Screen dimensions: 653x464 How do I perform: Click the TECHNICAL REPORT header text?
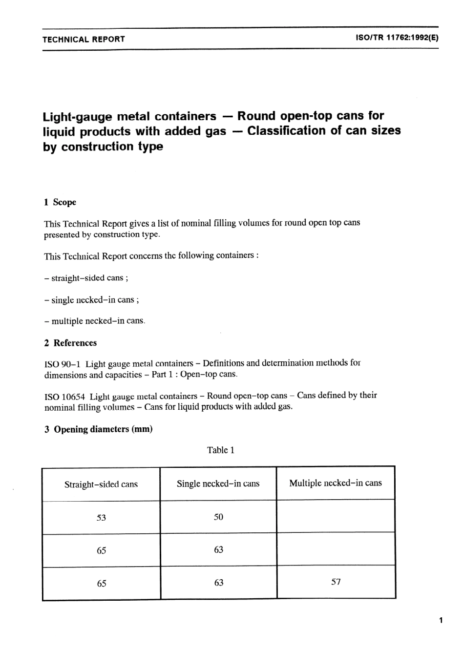(84, 39)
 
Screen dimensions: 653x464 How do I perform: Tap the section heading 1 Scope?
(60, 202)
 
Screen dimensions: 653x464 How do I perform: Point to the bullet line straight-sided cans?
(86, 278)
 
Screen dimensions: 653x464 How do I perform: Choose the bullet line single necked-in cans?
(91, 300)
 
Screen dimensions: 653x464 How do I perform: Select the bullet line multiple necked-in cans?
(95, 321)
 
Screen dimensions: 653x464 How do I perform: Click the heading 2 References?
(70, 343)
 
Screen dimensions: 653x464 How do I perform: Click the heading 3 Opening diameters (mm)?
(98, 429)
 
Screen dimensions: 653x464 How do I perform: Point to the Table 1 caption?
(221, 450)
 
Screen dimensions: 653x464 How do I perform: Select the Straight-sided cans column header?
(101, 484)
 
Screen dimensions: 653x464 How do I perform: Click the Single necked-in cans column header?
(218, 484)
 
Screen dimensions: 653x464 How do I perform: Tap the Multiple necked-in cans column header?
(336, 483)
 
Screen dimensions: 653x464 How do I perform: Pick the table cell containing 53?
(101, 517)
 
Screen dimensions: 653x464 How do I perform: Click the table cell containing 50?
(218, 517)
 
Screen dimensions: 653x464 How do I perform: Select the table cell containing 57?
(336, 582)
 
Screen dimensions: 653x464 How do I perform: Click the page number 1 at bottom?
(441, 621)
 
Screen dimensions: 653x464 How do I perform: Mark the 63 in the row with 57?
(218, 582)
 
